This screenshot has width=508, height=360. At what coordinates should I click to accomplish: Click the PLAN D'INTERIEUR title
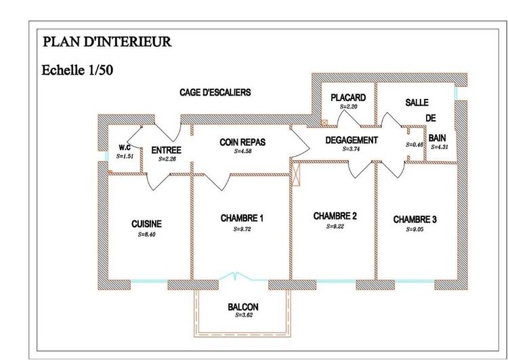(107, 41)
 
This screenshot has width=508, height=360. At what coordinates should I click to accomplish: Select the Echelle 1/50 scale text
(77, 70)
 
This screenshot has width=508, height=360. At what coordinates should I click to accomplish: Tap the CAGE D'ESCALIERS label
(215, 92)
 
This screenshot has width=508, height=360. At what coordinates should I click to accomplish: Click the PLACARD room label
(347, 98)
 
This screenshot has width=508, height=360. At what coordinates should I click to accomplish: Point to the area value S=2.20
(347, 107)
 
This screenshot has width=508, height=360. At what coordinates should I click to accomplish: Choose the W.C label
(125, 148)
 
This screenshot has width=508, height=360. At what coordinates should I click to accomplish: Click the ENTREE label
(166, 151)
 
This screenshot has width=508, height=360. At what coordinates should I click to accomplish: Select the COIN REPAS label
(242, 142)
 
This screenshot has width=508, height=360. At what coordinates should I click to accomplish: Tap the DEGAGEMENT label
(351, 140)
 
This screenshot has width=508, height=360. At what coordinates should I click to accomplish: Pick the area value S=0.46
(414, 145)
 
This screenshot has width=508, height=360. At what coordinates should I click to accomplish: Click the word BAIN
(437, 137)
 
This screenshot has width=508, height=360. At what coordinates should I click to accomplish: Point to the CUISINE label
(146, 224)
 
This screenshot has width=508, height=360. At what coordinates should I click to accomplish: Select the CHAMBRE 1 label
(242, 218)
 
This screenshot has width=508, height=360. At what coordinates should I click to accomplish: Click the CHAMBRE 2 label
(335, 216)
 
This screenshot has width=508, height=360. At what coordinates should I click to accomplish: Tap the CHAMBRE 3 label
(415, 220)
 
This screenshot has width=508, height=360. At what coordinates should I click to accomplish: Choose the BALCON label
(242, 307)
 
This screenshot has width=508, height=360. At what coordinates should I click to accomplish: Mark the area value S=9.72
(242, 229)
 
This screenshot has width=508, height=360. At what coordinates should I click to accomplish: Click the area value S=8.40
(146, 235)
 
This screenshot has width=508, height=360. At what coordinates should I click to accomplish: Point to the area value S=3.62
(242, 316)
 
